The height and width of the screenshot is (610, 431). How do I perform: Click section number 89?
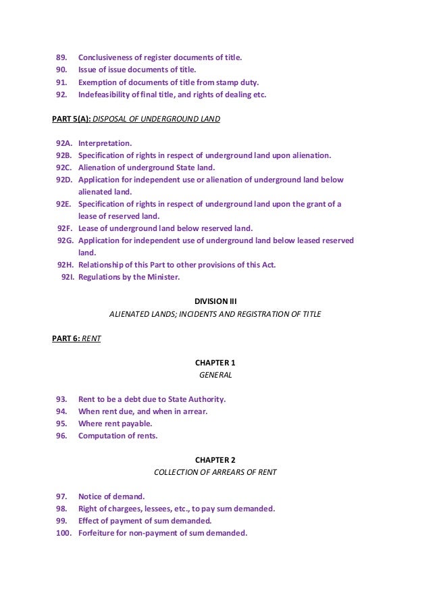click(x=61, y=57)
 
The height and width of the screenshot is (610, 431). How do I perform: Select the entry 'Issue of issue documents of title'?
click(x=137, y=70)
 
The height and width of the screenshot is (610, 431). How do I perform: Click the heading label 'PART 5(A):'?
click(x=71, y=120)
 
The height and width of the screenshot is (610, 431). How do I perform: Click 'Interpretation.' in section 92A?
click(x=105, y=144)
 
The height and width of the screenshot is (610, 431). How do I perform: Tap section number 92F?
click(x=64, y=228)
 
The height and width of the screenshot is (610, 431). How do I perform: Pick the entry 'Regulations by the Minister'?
click(x=129, y=277)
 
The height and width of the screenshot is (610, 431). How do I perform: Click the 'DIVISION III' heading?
click(x=215, y=301)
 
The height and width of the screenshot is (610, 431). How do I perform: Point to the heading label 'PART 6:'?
click(x=66, y=338)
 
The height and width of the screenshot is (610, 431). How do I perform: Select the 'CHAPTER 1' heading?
click(x=215, y=363)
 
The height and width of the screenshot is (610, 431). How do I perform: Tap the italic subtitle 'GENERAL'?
click(x=215, y=375)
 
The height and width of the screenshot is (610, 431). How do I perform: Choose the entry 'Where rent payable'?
click(x=115, y=424)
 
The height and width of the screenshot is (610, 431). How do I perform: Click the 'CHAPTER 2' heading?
click(x=215, y=460)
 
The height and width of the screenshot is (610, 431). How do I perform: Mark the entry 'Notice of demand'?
click(x=111, y=497)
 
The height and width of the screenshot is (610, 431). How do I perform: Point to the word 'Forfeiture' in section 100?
click(x=99, y=533)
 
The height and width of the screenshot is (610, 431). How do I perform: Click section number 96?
click(x=61, y=436)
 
